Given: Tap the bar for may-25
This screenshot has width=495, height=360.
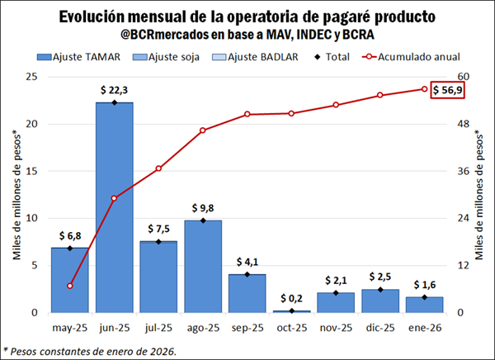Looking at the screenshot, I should point(70,280).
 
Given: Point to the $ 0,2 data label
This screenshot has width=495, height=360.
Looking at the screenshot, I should point(291,298).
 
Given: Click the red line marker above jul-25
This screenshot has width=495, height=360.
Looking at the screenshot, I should point(158,168).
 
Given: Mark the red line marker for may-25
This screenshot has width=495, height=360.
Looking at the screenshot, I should point(70,286).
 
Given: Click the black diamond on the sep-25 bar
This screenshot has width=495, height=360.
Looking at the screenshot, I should point(247,274).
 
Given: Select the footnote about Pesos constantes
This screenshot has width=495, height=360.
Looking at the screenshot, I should point(91,351).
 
